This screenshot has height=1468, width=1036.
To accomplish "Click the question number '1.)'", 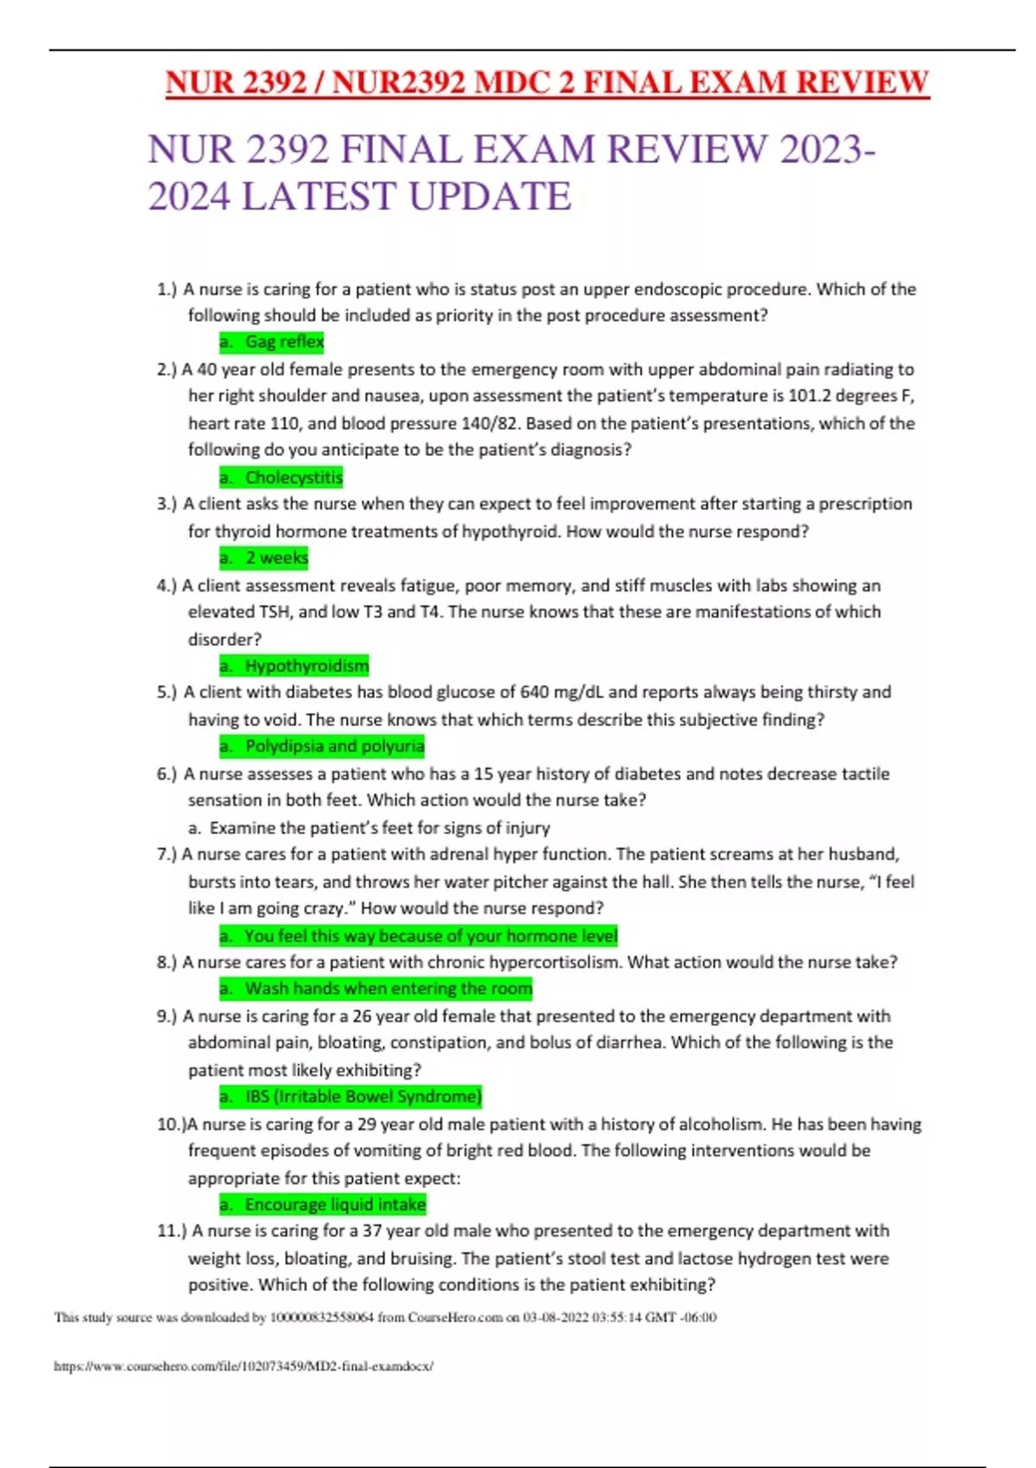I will click(167, 289).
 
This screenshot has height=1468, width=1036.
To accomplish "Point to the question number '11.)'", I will click(172, 1231).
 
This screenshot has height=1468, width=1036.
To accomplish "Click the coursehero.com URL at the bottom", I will click(243, 1366).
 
